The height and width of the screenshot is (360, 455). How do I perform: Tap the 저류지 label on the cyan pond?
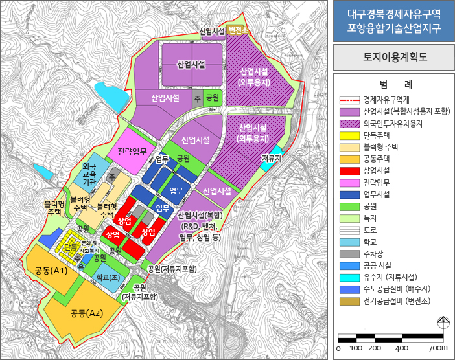click(271, 157)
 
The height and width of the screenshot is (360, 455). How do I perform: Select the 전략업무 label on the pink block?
click(134, 153)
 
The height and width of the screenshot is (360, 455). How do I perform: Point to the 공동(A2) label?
click(87, 313)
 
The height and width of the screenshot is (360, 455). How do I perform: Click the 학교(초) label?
click(107, 276)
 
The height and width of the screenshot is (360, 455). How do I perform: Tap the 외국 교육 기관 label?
click(89, 175)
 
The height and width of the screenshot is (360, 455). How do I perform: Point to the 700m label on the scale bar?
click(438, 348)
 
